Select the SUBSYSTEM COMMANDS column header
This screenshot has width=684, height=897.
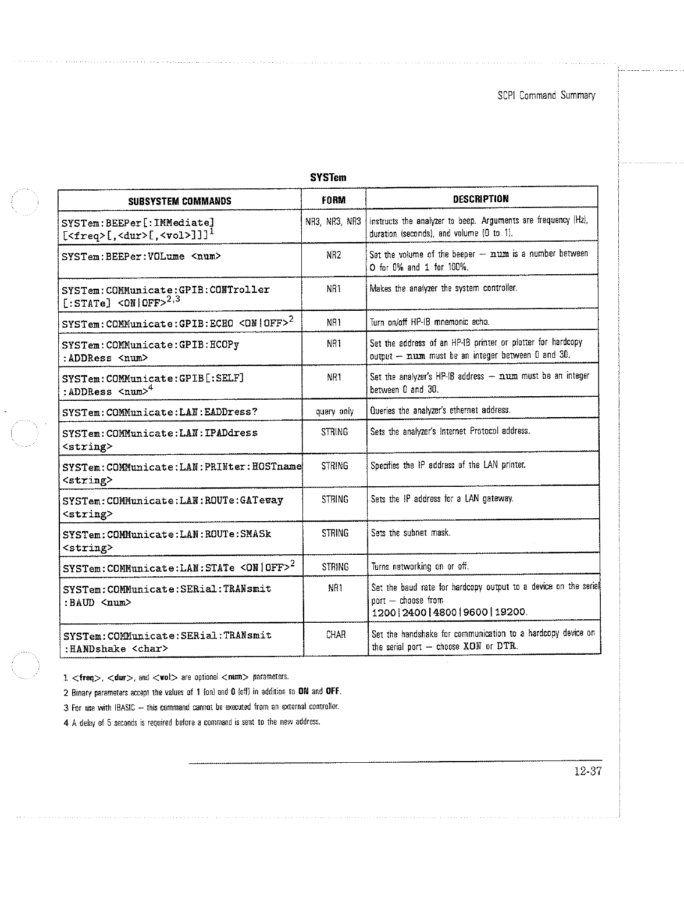[x=179, y=201]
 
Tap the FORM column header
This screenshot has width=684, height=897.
[x=333, y=200]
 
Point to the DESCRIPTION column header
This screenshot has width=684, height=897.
[x=480, y=199]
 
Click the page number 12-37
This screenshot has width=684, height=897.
[x=587, y=772]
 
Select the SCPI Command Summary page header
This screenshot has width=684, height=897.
[x=546, y=95]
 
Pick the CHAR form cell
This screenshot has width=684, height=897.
[x=336, y=635]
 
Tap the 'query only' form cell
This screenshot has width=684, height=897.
[x=334, y=411]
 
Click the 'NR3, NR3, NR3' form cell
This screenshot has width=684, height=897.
[x=333, y=221]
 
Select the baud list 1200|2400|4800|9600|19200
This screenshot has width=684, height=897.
[x=449, y=612]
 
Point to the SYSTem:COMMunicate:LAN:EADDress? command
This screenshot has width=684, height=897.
[x=159, y=412]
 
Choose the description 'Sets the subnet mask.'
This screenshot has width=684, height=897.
[x=411, y=533]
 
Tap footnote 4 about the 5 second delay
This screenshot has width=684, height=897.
[x=192, y=722]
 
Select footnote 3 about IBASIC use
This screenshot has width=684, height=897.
[x=201, y=707]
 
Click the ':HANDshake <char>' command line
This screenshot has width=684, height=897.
[x=115, y=648]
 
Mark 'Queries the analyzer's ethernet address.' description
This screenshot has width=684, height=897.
[x=440, y=410]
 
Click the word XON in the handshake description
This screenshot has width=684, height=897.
[x=473, y=647]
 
